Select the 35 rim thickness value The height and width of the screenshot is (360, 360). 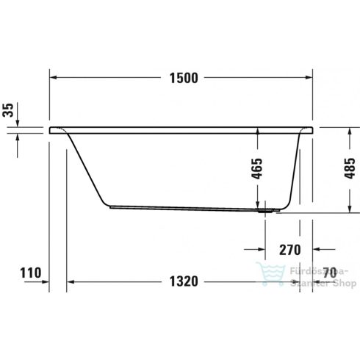pyautogui.click(x=8, y=111)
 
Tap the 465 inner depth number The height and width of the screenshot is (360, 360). pyautogui.click(x=256, y=170)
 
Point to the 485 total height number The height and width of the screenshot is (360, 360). pyautogui.click(x=350, y=170)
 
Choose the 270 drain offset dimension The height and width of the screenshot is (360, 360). pyautogui.click(x=290, y=249)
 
